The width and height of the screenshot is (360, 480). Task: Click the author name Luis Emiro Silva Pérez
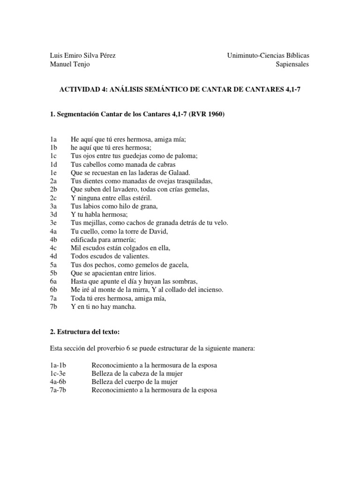(82, 55)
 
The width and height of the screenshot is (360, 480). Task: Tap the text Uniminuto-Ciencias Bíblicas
(268, 55)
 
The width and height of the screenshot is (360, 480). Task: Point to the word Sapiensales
(292, 65)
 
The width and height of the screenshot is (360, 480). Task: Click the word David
(159, 231)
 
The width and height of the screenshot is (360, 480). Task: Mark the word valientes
(135, 256)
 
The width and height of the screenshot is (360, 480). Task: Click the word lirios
(143, 273)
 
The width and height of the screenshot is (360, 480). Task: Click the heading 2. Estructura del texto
(85, 332)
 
